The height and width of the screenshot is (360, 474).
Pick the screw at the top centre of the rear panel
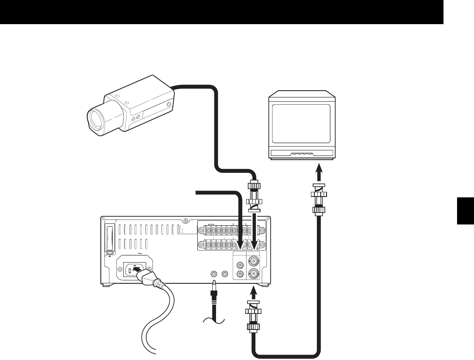186,221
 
